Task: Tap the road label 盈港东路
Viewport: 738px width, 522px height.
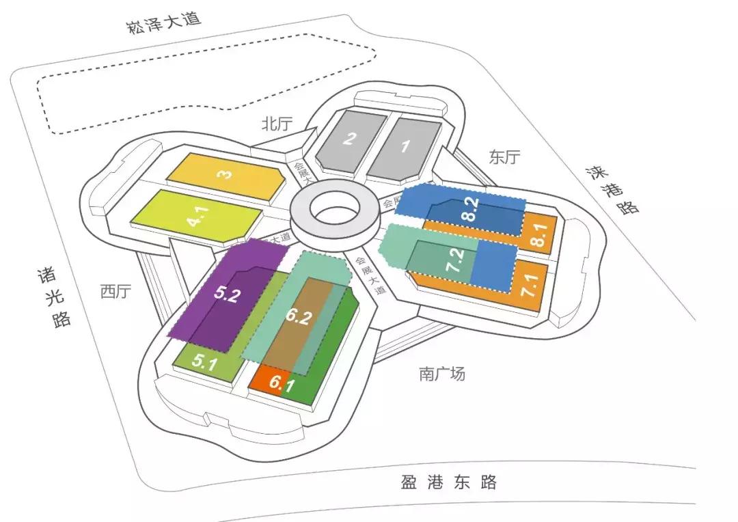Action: (448, 482)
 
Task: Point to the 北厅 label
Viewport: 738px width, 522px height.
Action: (277, 124)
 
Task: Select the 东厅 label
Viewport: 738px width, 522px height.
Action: (504, 156)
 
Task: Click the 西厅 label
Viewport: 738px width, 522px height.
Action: (115, 292)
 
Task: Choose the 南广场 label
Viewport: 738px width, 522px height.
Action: (442, 374)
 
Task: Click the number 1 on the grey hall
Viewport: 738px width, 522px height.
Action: (405, 146)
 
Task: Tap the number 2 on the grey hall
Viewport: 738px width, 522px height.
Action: (350, 139)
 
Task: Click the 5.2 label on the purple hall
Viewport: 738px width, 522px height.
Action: (226, 294)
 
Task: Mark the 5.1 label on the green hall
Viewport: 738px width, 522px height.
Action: (204, 362)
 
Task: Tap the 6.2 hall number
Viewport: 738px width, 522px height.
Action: (299, 318)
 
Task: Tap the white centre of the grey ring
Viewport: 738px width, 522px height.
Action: (334, 208)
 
